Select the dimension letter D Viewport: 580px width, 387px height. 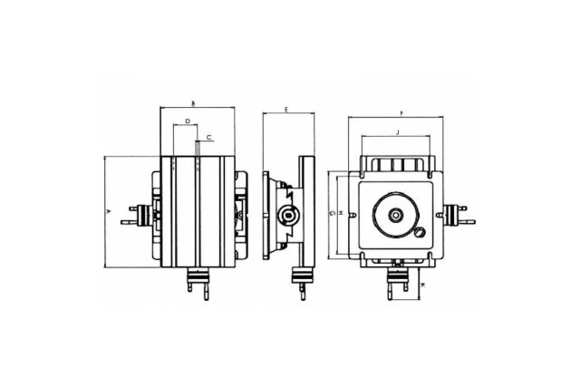pyautogui.click(x=187, y=120)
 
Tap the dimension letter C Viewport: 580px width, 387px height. pyautogui.click(x=209, y=137)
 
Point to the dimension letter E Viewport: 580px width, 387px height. pyautogui.click(x=285, y=109)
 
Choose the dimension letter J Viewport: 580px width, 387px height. pyautogui.click(x=397, y=132)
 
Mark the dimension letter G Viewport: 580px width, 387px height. pyautogui.click(x=332, y=213)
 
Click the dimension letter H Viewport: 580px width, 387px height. pyautogui.click(x=341, y=213)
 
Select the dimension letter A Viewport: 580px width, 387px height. pyautogui.click(x=108, y=210)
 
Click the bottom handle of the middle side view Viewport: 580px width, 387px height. pyautogui.click(x=300, y=282)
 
